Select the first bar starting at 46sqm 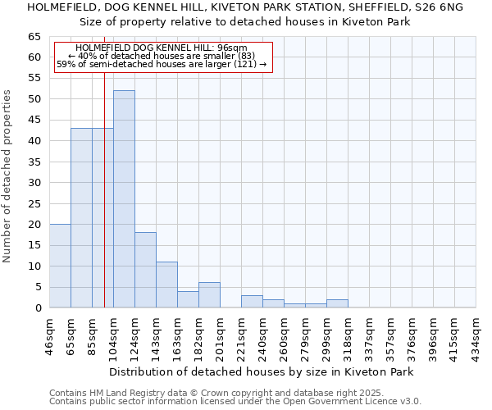[x=60, y=266]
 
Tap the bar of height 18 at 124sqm [x=145, y=270]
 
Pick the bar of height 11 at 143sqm [x=166, y=285]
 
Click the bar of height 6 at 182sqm [x=209, y=295]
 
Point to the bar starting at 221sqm [x=252, y=301]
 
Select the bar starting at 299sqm [x=337, y=303]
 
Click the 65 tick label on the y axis [x=34, y=37]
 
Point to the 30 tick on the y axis [x=34, y=183]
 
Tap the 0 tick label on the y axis [x=38, y=308]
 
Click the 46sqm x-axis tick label [x=50, y=334]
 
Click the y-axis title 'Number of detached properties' [x=7, y=176]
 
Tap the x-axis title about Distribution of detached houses [x=262, y=371]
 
